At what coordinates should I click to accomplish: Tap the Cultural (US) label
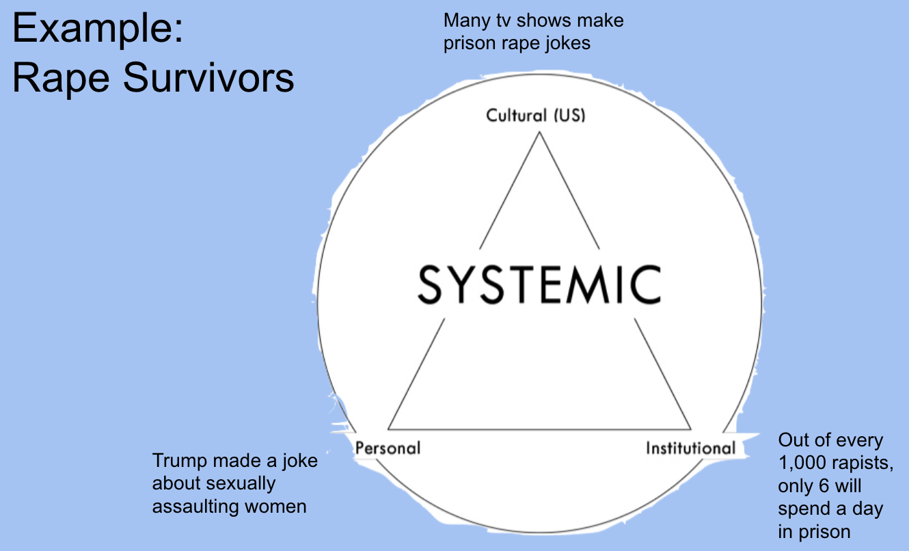536,115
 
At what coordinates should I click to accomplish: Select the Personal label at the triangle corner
388,448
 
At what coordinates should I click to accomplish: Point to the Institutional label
690,448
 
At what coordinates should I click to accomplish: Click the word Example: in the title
98,31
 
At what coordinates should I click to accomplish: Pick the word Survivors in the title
210,79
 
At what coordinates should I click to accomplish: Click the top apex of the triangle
539,133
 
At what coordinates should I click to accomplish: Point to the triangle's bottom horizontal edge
539,429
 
